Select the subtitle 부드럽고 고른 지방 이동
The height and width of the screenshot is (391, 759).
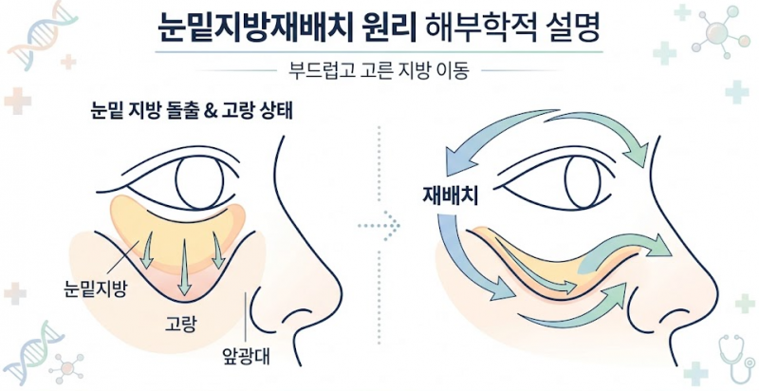379,71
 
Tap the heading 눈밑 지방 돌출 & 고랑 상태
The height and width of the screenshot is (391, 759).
193,112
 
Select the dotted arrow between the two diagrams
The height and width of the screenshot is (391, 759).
379,225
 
